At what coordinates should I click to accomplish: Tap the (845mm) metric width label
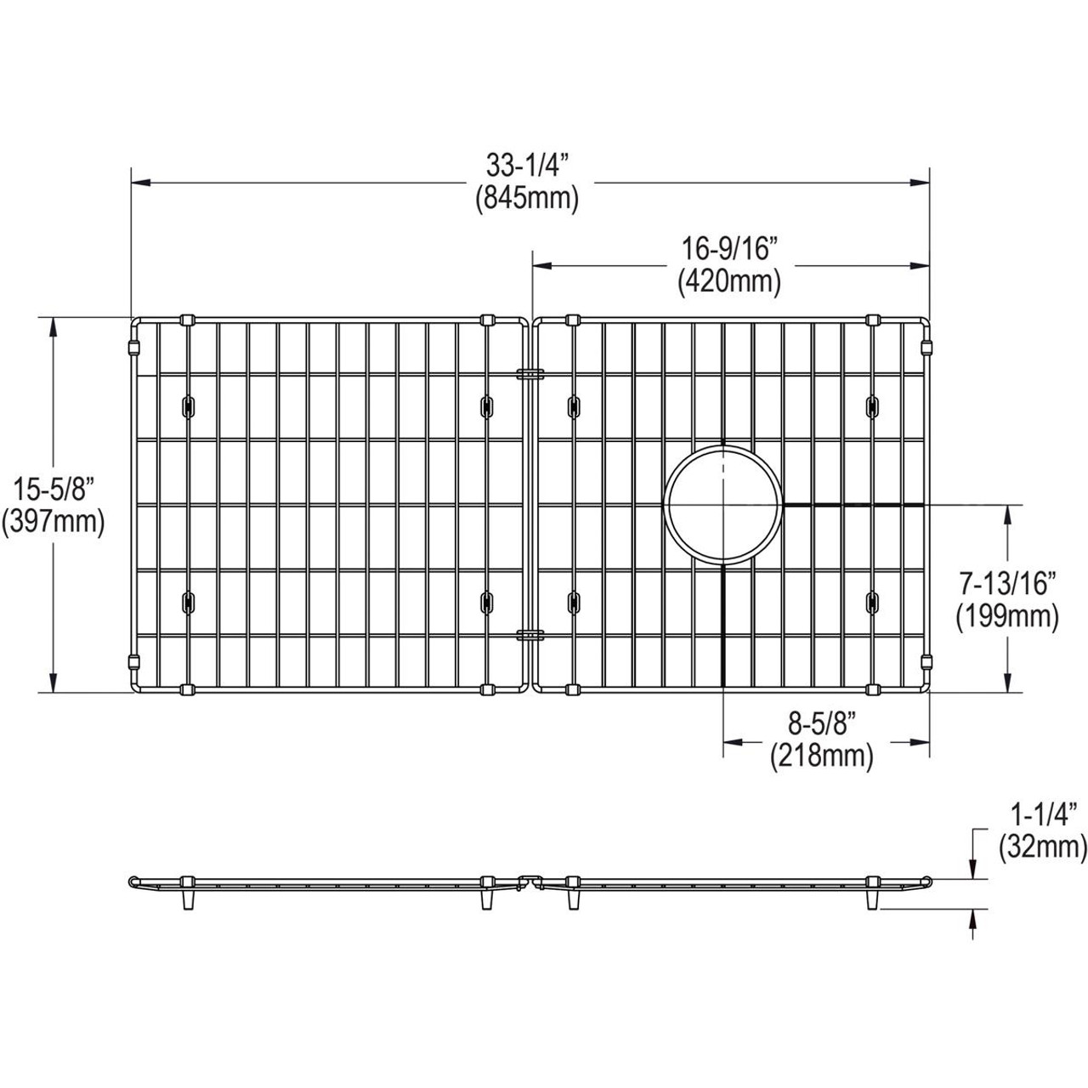click(x=527, y=199)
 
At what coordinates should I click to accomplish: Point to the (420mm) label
click(x=729, y=280)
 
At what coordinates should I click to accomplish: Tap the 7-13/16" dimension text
click(x=1006, y=584)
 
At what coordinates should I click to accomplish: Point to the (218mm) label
click(x=821, y=755)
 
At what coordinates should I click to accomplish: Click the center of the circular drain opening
click(x=722, y=505)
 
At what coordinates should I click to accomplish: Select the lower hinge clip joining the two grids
click(x=531, y=633)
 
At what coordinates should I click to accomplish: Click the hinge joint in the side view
click(x=531, y=879)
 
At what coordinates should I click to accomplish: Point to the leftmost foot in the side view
click(x=186, y=899)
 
